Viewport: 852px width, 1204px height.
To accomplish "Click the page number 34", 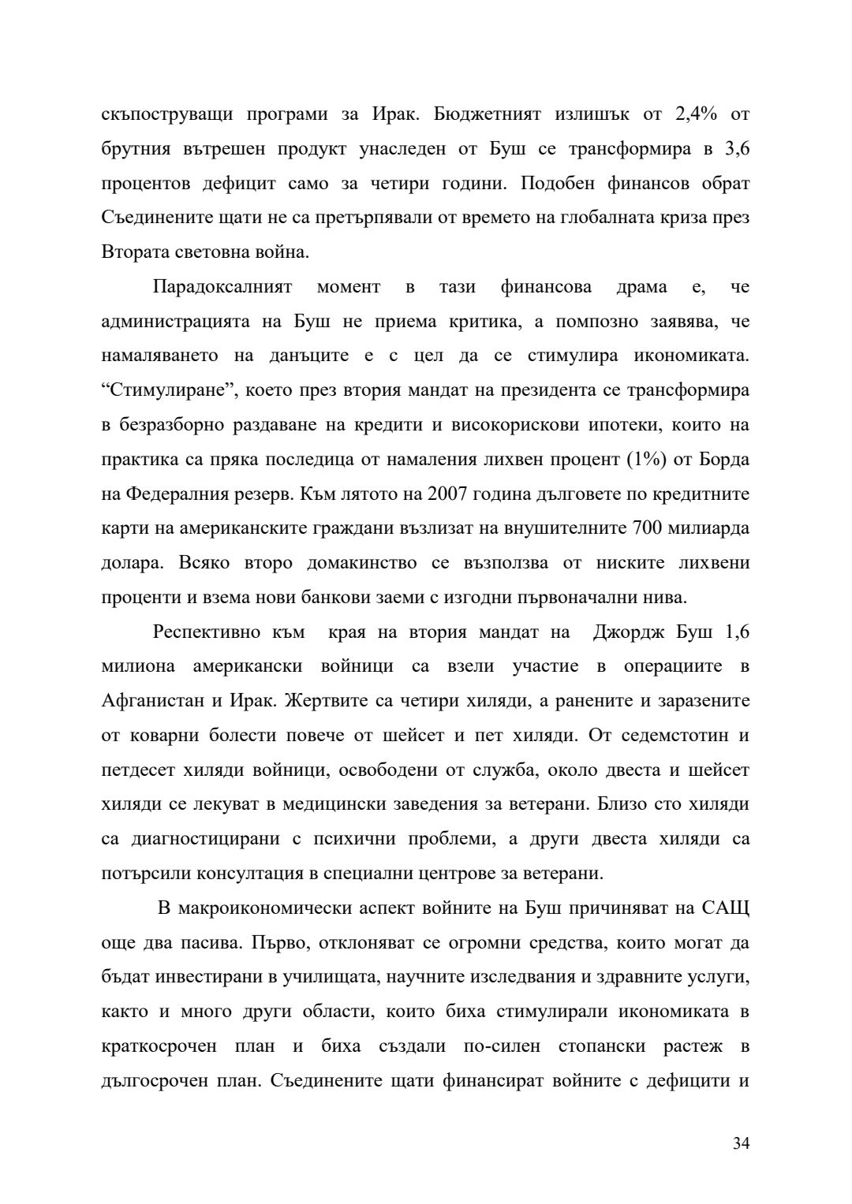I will pyautogui.click(x=741, y=1144).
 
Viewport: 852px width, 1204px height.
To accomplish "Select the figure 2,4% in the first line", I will pyautogui.click(x=696, y=114).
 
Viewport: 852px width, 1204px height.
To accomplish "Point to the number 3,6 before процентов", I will pyautogui.click(x=737, y=149).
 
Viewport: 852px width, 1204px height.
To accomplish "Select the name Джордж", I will pyautogui.click(x=634, y=632).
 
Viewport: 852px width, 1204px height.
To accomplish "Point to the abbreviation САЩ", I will pyautogui.click(x=726, y=908).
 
